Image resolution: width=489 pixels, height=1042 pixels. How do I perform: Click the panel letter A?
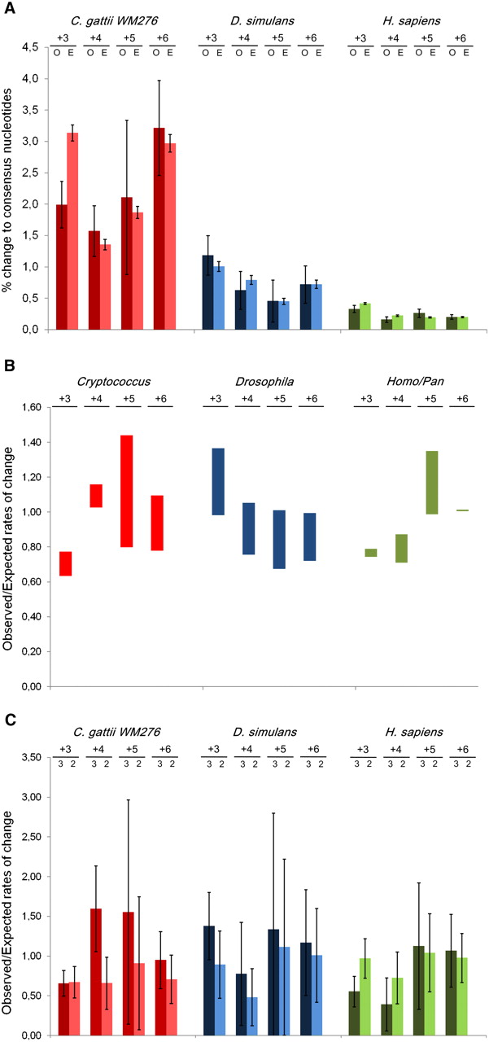(9, 8)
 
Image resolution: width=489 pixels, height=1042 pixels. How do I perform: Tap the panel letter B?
(9, 366)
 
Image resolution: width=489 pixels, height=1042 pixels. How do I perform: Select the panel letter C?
(11, 720)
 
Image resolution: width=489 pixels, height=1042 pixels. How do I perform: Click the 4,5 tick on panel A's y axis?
(30, 47)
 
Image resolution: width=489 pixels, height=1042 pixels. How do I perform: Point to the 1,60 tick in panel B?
(31, 408)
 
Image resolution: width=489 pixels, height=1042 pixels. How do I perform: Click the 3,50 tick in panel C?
(31, 757)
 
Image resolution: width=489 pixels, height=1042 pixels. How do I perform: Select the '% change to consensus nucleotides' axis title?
(7, 190)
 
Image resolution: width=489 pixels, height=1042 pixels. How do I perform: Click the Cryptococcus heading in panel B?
(113, 382)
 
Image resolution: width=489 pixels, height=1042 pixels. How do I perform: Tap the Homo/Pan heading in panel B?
(415, 382)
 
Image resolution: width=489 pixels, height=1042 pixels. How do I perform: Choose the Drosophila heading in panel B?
(264, 382)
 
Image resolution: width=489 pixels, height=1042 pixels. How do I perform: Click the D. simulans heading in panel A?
(263, 21)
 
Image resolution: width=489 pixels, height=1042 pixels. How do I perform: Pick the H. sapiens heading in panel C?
(414, 732)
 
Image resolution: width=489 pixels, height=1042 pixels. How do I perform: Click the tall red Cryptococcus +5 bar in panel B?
(126, 491)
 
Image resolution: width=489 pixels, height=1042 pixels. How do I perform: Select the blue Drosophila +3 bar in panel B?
(218, 481)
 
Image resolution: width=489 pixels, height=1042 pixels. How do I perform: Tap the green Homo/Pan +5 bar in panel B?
(432, 483)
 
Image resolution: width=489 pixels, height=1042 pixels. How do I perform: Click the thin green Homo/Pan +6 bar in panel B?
(462, 510)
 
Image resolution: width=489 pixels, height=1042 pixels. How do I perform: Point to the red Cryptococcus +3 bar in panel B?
(66, 564)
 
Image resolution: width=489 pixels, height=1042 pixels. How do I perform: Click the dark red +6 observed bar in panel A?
(159, 229)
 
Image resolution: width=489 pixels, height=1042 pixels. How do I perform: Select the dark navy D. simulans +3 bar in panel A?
(207, 292)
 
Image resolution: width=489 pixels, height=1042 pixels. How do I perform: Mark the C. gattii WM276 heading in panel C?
(116, 732)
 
